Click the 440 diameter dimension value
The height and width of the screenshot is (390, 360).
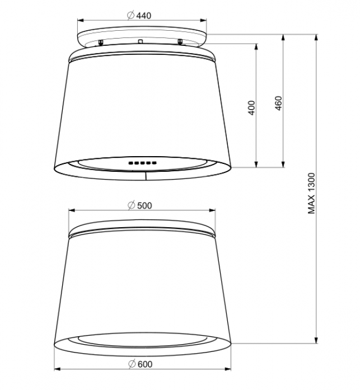pos(144,16)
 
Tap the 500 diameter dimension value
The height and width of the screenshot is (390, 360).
pos(144,206)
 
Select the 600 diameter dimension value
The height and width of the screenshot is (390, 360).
pos(145,364)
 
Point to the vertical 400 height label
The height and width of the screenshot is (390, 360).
pos(252,107)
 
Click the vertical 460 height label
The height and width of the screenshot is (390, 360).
pos(279,103)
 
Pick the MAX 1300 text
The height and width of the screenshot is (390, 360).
pos(311,193)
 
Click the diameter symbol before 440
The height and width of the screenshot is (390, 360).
pos(130,16)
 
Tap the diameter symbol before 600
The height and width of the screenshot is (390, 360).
pos(132,364)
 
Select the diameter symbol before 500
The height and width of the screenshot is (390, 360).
pos(132,205)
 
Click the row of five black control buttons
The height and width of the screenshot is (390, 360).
pos(143,163)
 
